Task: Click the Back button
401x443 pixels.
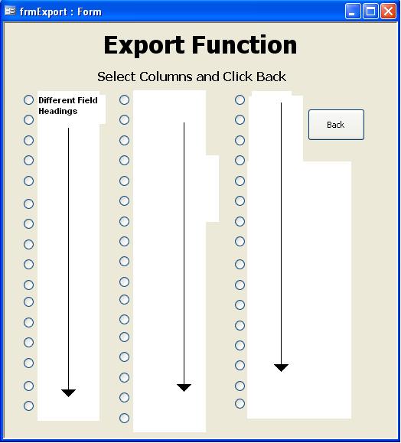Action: point(336,125)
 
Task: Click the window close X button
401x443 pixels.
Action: point(388,11)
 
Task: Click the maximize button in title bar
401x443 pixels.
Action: point(370,11)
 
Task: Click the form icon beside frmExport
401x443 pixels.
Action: point(10,11)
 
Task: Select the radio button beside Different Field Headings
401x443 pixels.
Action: point(28,99)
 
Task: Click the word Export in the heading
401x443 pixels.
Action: point(145,45)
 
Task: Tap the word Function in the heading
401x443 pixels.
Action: point(244,44)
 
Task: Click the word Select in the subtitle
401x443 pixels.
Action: point(117,77)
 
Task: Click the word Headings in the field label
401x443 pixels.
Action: point(58,111)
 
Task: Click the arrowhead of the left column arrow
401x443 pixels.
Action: point(68,393)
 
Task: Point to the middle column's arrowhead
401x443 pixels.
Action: point(184,388)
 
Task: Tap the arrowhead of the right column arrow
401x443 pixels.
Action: point(281,368)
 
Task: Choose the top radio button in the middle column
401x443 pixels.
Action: point(124,99)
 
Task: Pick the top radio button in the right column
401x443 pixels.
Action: point(240,99)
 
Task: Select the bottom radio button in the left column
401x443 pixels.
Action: point(28,406)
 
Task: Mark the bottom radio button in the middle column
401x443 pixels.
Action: point(124,418)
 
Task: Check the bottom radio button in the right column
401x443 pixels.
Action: point(240,403)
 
